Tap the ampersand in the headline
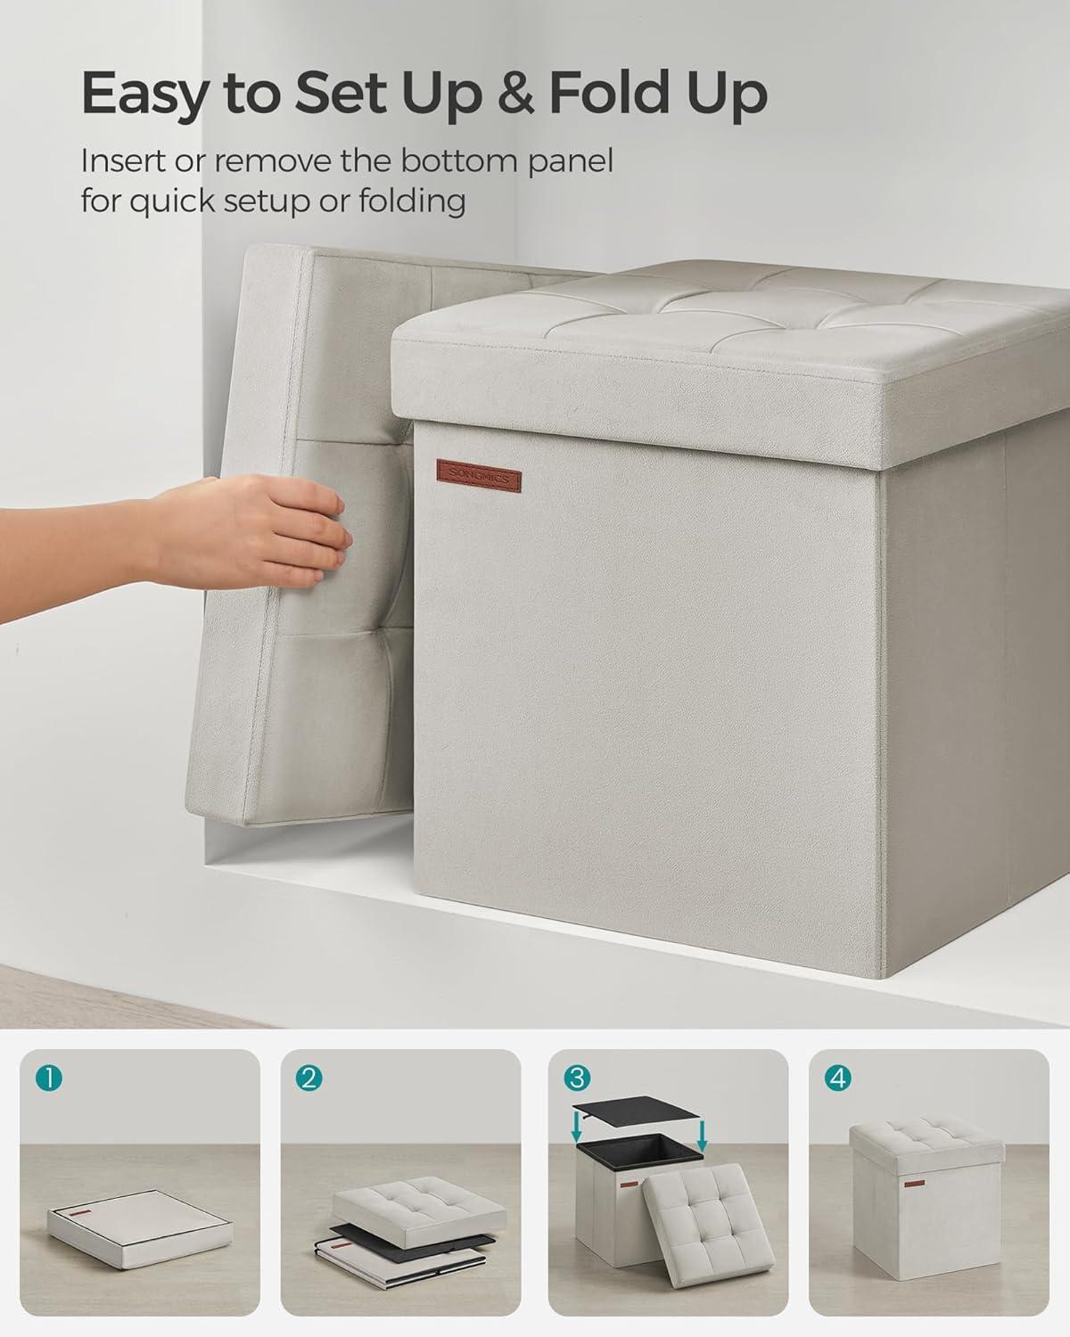coord(516,92)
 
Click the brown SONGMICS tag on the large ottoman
coord(478,476)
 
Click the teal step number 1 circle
coord(49,1079)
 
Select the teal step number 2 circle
coord(309,1079)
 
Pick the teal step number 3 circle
coord(577,1078)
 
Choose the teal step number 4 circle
coord(838,1079)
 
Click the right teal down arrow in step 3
coord(703,1134)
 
